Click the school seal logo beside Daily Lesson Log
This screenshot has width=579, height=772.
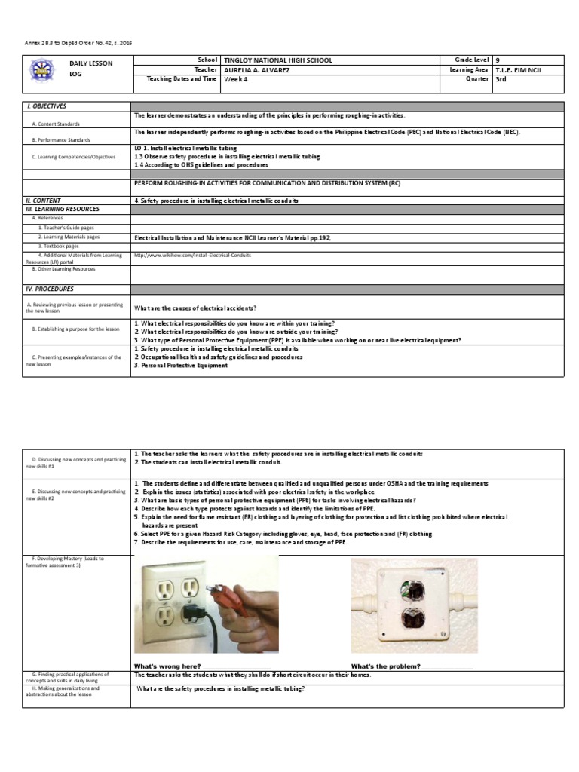(x=41, y=70)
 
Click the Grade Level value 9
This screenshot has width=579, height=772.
(x=498, y=60)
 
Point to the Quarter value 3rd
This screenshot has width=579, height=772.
(x=501, y=79)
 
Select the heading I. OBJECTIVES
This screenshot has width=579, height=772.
(x=46, y=106)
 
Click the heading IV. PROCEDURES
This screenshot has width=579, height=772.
(x=50, y=289)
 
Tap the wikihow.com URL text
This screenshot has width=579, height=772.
(x=192, y=255)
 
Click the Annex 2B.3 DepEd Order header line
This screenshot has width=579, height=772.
(x=72, y=43)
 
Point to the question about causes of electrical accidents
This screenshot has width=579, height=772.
(x=195, y=308)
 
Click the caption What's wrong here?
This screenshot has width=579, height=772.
(x=167, y=666)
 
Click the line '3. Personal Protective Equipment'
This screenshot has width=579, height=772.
(x=181, y=366)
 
